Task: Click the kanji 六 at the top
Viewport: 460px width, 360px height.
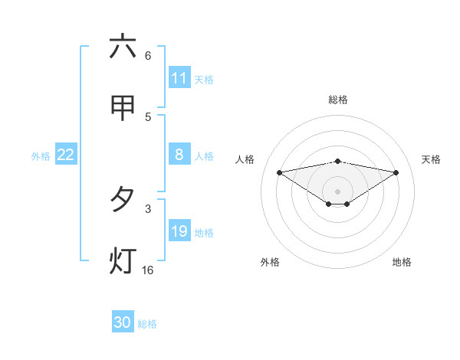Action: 122,47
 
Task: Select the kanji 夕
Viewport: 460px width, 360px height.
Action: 122,200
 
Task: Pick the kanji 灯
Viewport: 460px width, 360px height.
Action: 122,261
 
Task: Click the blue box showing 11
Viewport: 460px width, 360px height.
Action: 179,78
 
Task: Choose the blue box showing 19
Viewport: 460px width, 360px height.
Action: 179,232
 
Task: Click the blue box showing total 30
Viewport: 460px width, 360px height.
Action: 122,322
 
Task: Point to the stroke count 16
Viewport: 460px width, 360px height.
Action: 148,270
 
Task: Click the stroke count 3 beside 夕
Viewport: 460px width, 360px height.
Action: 148,208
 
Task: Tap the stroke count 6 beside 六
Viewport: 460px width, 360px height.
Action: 148,56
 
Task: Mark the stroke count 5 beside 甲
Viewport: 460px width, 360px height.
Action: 148,117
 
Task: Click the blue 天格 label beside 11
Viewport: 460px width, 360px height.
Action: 204,79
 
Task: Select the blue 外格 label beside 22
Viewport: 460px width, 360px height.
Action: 41,156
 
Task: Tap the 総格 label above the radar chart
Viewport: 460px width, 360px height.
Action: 338,100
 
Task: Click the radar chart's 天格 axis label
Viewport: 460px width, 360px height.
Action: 432,159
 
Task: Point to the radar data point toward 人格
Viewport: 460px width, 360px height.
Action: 279,172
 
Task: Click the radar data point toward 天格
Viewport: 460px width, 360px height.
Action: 396,172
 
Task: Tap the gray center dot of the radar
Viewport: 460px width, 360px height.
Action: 338,191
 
